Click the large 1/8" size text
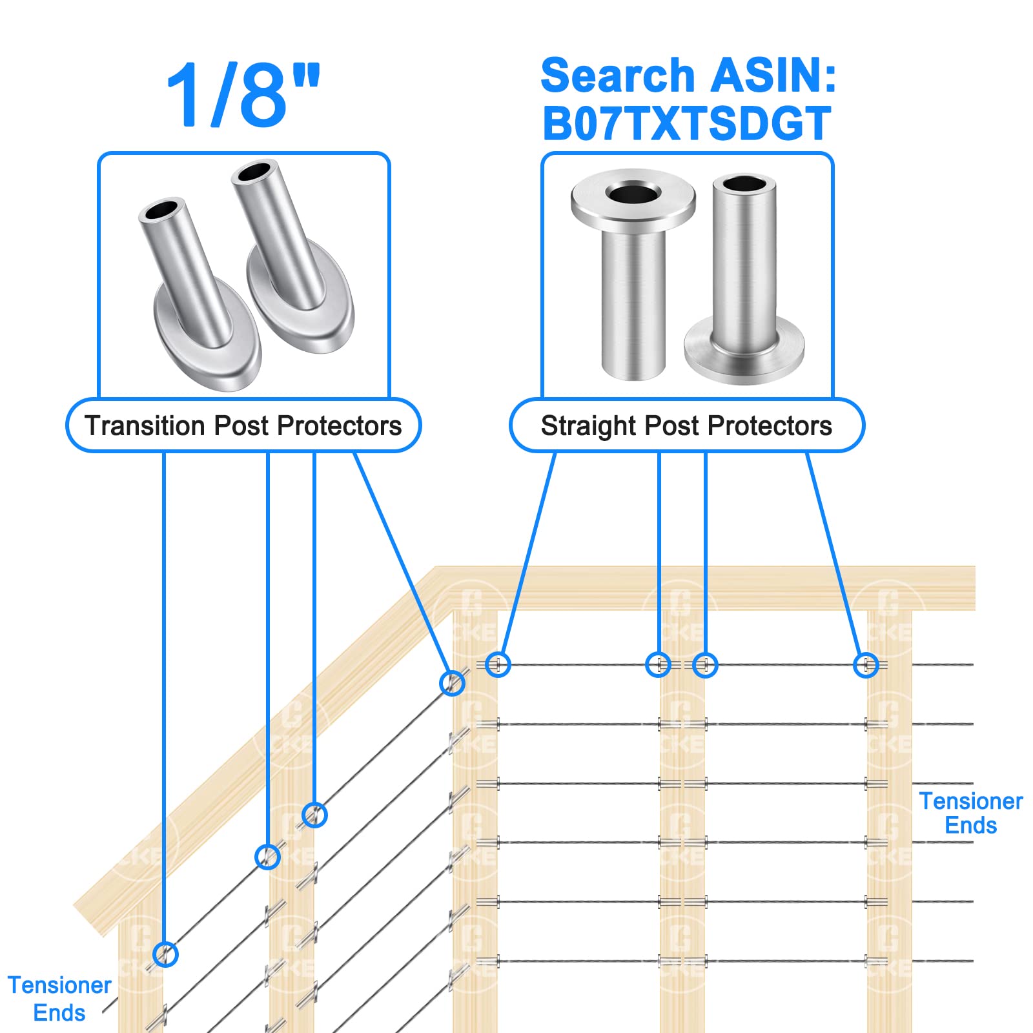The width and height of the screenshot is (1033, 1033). coord(243,96)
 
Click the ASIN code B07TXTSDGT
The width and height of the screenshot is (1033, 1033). coord(686,123)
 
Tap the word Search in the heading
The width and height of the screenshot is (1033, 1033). coord(617,76)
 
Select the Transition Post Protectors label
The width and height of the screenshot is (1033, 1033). coord(243,426)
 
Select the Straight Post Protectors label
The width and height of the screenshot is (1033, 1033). coord(686,426)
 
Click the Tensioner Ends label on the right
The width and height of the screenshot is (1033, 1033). coord(970,813)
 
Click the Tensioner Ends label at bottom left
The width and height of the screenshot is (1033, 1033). coord(59,998)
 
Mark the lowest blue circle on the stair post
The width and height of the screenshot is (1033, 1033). coord(165,954)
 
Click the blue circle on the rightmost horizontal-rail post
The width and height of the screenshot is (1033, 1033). coord(866,665)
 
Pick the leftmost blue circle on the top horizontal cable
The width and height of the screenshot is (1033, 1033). coord(498,664)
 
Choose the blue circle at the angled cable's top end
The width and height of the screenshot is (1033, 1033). coord(452,682)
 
